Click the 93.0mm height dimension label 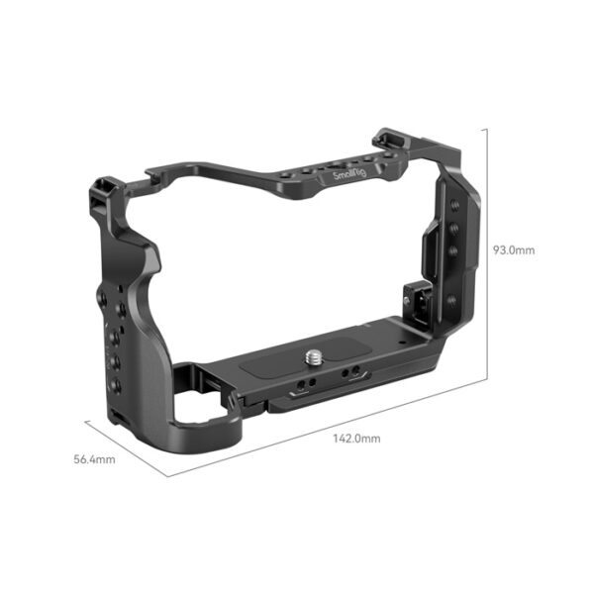pos(514,250)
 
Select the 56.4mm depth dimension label pos(95,459)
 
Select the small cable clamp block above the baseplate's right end pos(416,297)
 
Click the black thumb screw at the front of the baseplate pos(234,400)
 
